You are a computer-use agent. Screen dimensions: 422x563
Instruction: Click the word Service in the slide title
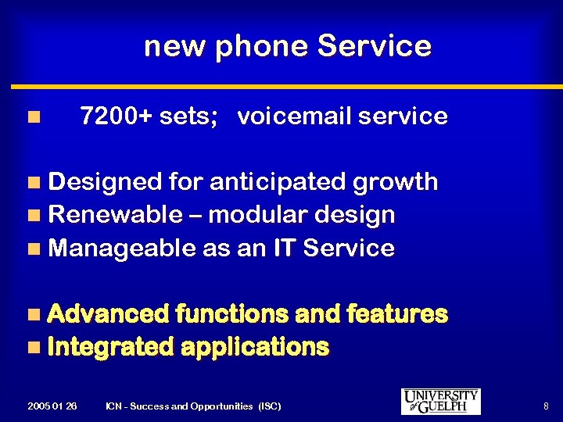374,46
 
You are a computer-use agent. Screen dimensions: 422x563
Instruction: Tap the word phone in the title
263,48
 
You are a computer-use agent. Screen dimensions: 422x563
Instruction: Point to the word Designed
105,182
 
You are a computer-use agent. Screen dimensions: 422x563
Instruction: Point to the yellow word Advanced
108,314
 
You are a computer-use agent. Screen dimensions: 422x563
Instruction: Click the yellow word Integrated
110,347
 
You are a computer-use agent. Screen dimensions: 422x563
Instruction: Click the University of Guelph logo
440,402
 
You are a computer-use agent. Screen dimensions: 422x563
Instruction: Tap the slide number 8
545,406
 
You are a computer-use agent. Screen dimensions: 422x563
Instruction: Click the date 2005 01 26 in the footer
52,406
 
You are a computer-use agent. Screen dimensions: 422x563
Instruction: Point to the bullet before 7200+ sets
32,117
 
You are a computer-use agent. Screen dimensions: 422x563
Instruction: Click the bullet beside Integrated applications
32,347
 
